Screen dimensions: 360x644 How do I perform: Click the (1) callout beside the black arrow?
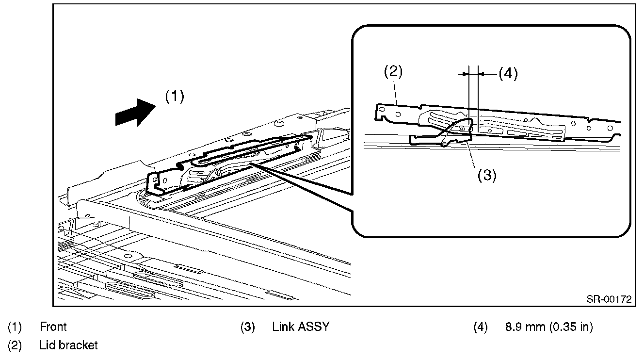click(175, 97)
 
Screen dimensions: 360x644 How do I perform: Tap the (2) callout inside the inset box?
click(393, 72)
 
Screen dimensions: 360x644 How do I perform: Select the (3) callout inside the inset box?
click(486, 175)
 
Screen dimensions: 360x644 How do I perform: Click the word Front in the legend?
click(53, 327)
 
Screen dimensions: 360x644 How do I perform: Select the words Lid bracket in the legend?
click(69, 345)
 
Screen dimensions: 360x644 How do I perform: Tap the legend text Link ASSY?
click(301, 327)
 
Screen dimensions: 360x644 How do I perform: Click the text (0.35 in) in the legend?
click(571, 327)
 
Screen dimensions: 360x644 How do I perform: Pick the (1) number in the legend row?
click(15, 327)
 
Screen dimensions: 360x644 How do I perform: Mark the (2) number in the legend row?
click(15, 345)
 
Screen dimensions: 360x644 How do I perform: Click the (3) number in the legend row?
click(248, 327)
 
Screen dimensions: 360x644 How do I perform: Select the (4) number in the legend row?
click(481, 327)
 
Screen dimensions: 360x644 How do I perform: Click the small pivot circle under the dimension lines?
click(462, 128)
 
